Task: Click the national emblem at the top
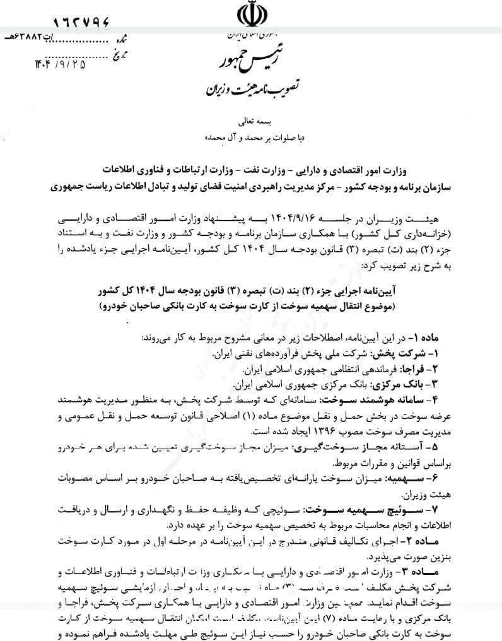(x=251, y=15)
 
